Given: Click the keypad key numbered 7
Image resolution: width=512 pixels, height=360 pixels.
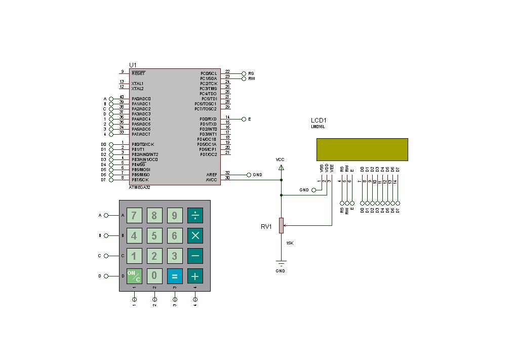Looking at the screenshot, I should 134,215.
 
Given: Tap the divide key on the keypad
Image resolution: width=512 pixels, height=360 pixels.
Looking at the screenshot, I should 195,215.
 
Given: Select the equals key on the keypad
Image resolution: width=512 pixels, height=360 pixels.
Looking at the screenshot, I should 175,276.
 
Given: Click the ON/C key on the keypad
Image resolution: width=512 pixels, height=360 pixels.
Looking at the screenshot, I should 134,276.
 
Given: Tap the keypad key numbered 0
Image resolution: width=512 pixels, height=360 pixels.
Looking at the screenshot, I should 154,276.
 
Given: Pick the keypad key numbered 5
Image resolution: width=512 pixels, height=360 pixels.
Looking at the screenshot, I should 154,235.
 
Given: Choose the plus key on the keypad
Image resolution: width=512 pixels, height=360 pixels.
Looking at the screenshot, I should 195,276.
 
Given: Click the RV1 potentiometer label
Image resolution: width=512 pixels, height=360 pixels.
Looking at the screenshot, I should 266,227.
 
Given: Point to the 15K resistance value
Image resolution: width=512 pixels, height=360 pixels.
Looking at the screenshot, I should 290,243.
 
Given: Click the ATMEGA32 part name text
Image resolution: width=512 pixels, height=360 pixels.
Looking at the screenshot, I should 139,187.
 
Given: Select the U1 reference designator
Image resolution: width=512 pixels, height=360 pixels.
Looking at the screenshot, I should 133,65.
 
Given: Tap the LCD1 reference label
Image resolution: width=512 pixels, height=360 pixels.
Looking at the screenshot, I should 319,120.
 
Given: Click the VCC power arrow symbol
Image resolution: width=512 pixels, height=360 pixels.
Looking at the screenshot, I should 281,167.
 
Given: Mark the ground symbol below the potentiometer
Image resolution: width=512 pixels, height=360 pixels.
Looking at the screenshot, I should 281,262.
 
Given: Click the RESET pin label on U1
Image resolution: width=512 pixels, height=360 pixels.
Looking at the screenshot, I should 138,73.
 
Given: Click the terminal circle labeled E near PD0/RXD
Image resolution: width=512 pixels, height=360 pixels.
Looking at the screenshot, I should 244,119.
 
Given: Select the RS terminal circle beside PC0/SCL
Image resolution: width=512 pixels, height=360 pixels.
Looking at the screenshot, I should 244,73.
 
